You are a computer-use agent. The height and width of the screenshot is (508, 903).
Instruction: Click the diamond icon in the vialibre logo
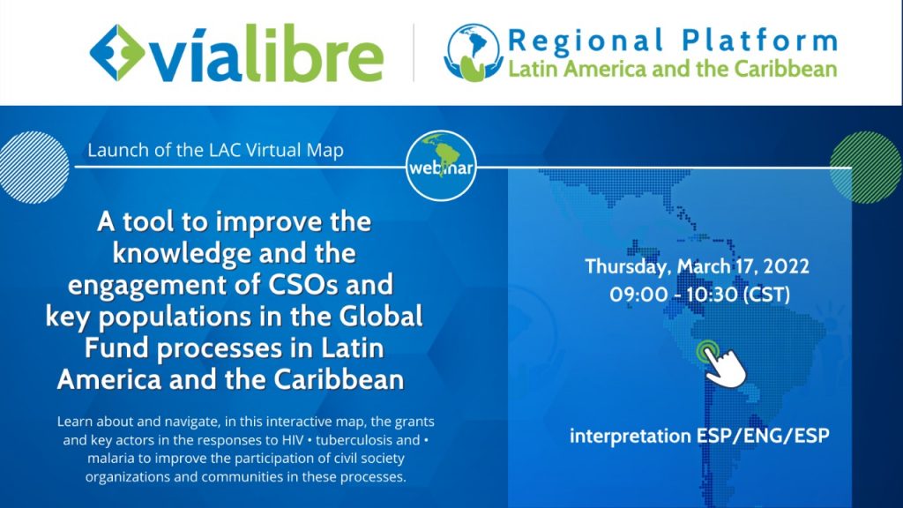[117, 52]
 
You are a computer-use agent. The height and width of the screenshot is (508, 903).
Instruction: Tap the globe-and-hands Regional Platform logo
[473, 52]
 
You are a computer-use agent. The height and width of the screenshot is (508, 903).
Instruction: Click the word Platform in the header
[759, 41]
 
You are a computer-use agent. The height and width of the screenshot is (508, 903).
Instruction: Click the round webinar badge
[441, 165]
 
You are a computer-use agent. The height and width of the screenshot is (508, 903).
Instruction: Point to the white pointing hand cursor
[724, 368]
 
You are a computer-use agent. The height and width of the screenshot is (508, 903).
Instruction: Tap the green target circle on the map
[706, 351]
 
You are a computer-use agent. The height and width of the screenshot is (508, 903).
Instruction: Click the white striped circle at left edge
[34, 167]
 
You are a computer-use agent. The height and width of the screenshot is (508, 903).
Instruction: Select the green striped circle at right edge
[866, 167]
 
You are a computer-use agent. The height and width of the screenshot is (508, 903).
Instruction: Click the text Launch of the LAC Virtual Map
[215, 150]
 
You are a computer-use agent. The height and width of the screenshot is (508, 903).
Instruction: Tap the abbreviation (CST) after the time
[767, 295]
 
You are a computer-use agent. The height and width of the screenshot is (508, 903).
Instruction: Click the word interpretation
[631, 436]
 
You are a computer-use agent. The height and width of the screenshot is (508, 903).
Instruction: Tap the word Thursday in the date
[628, 266]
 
